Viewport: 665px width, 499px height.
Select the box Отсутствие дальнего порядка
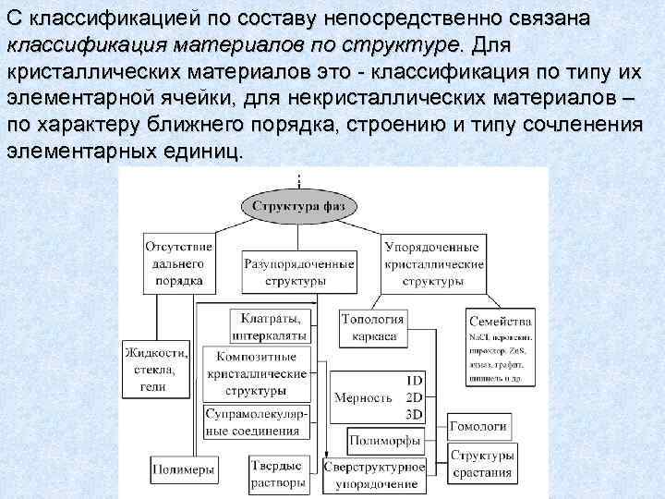pos(179,263)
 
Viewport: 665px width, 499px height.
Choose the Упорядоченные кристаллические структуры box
pos(433,263)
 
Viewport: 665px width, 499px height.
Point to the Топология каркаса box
pos(369,327)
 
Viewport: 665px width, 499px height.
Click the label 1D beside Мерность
pos(415,380)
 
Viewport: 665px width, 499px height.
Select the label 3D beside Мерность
pos(415,412)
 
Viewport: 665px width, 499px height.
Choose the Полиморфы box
pos(385,439)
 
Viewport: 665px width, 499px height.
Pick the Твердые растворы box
pos(277,474)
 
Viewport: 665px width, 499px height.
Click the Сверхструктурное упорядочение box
pos(374,474)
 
